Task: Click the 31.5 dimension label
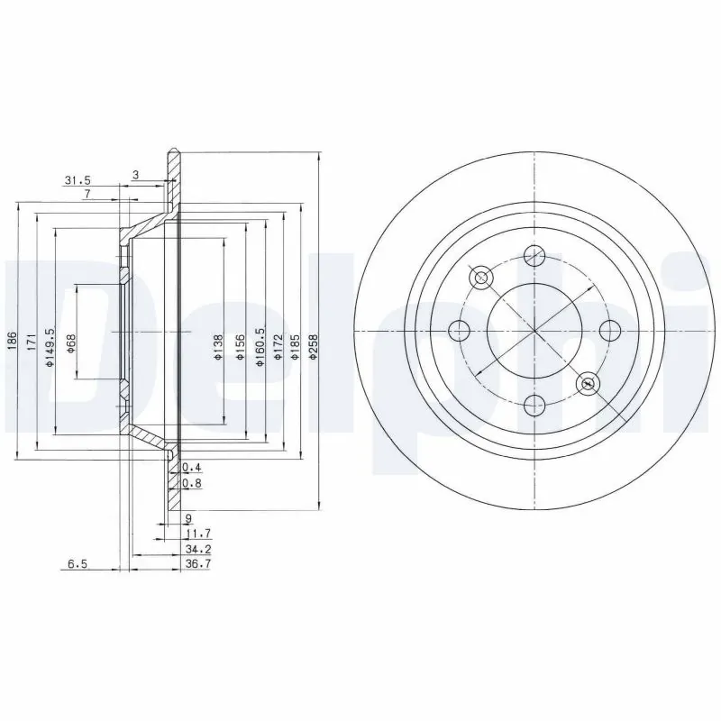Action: pyautogui.click(x=78, y=179)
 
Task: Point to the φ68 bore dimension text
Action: pyautogui.click(x=69, y=342)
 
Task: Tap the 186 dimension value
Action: pyautogui.click(x=12, y=341)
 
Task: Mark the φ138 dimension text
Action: pyautogui.click(x=217, y=344)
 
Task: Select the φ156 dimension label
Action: pyautogui.click(x=239, y=344)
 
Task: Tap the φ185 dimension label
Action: pyautogui.click(x=294, y=344)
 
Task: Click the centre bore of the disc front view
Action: pyautogui.click(x=534, y=329)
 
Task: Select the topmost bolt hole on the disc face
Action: pyautogui.click(x=534, y=255)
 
